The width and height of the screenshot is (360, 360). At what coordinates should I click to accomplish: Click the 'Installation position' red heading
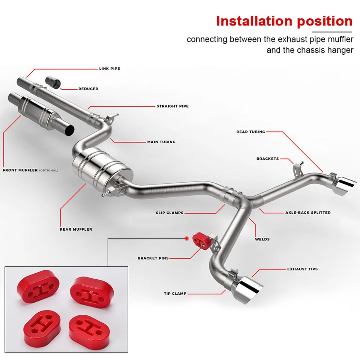coord(284,21)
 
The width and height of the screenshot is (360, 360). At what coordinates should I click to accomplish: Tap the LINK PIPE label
coord(109,69)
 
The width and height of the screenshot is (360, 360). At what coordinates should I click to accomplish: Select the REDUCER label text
coord(88,89)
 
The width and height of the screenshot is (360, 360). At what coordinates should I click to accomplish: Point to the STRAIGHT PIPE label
coord(172,106)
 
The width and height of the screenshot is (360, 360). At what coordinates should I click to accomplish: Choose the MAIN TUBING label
coord(161,142)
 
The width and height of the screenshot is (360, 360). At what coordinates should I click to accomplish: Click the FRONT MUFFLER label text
coord(21,170)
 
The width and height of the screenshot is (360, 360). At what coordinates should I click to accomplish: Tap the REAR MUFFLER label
coord(76,229)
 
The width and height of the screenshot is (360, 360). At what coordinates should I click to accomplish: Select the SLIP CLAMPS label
coord(169,213)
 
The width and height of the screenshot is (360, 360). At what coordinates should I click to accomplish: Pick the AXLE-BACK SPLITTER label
coord(308,213)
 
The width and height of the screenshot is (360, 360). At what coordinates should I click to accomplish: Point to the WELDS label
coord(262,239)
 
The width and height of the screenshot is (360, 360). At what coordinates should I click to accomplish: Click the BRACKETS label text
coord(267,159)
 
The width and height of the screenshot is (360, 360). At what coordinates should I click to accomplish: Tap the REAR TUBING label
coord(250,132)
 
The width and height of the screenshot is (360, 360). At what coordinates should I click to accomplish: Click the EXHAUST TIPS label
coord(302,269)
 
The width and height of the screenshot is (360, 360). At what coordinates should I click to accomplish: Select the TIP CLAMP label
coord(175,294)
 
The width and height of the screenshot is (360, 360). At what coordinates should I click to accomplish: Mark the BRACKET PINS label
coord(153,258)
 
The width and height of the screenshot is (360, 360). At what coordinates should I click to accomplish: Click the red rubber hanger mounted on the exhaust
coord(199,239)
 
